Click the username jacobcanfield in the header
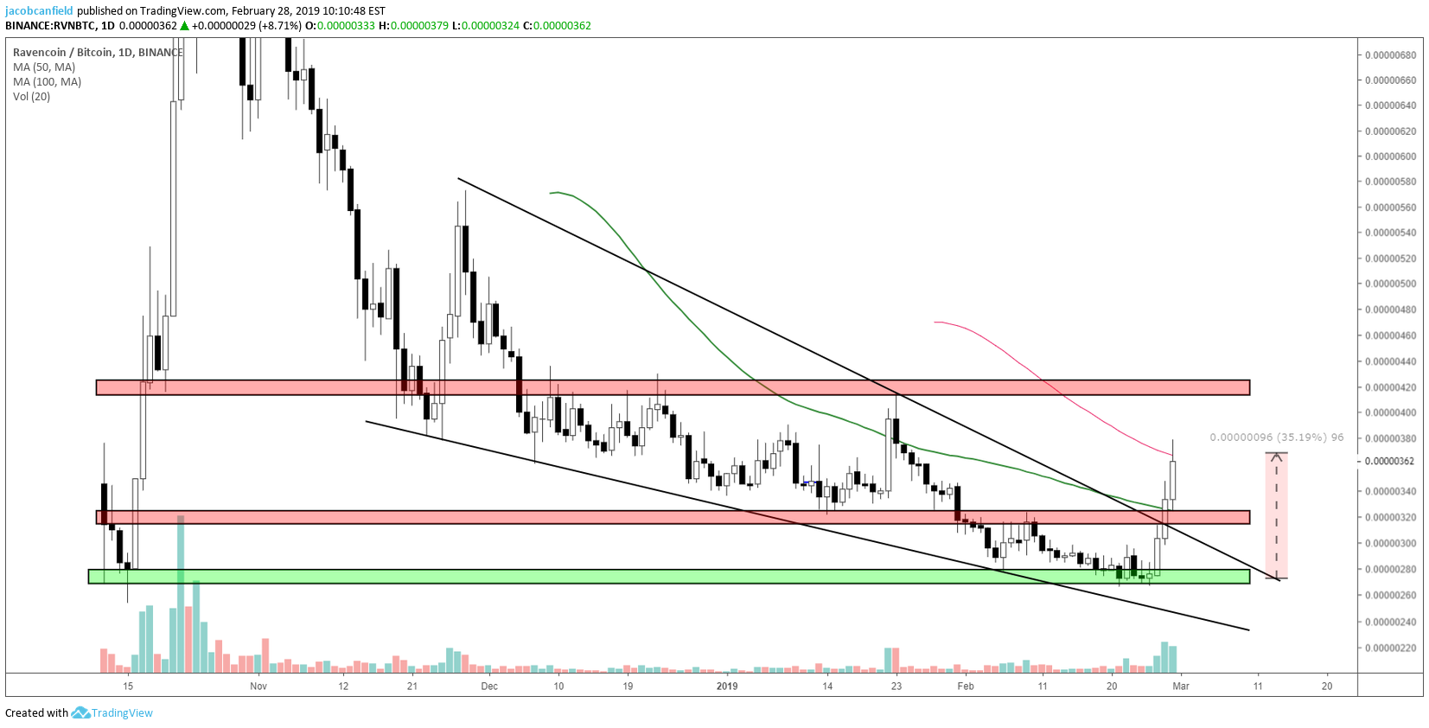(x=39, y=11)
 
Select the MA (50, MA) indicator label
(x=44, y=67)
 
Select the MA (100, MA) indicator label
(x=48, y=81)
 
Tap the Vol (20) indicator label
(x=31, y=96)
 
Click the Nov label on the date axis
(x=258, y=686)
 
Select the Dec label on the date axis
(x=489, y=686)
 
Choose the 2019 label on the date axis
(x=727, y=686)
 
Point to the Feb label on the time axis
(x=966, y=686)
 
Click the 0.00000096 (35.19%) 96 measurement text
(x=1277, y=437)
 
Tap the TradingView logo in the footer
(x=112, y=712)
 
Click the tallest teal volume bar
(x=181, y=593)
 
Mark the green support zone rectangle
(x=668, y=577)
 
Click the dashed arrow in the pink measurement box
(x=1277, y=515)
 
